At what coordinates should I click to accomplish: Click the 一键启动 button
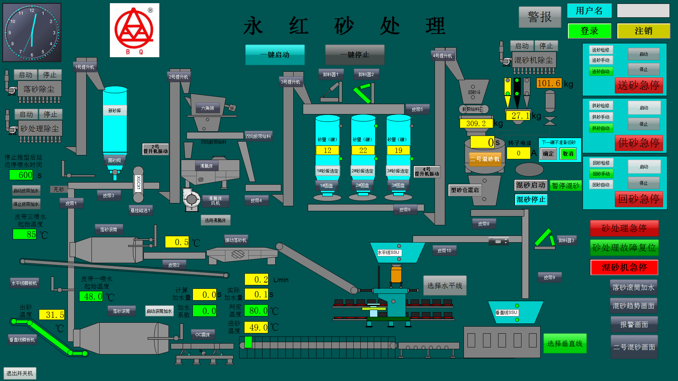tap(275, 55)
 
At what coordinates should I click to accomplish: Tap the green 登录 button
tap(589, 31)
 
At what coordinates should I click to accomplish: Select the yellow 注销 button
tap(643, 31)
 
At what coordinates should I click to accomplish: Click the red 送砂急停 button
tap(638, 85)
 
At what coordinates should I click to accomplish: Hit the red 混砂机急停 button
tap(624, 267)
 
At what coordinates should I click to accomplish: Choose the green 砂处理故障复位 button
tap(624, 248)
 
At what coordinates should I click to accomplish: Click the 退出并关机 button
tap(20, 373)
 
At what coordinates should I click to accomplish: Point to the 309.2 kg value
tap(476, 124)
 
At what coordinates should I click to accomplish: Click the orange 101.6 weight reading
tap(549, 83)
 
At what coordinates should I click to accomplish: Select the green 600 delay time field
tap(21, 175)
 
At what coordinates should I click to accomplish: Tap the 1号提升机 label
tap(85, 67)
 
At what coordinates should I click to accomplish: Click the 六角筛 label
tap(207, 108)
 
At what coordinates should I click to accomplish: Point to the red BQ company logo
tap(134, 30)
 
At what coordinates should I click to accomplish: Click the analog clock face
tap(32, 32)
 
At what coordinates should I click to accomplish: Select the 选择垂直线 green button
tap(565, 343)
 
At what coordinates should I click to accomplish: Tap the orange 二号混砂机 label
tap(484, 159)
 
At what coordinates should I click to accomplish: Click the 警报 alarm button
tap(540, 17)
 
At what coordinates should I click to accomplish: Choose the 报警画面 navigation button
tap(634, 325)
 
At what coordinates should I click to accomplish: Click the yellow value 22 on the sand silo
tap(363, 150)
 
